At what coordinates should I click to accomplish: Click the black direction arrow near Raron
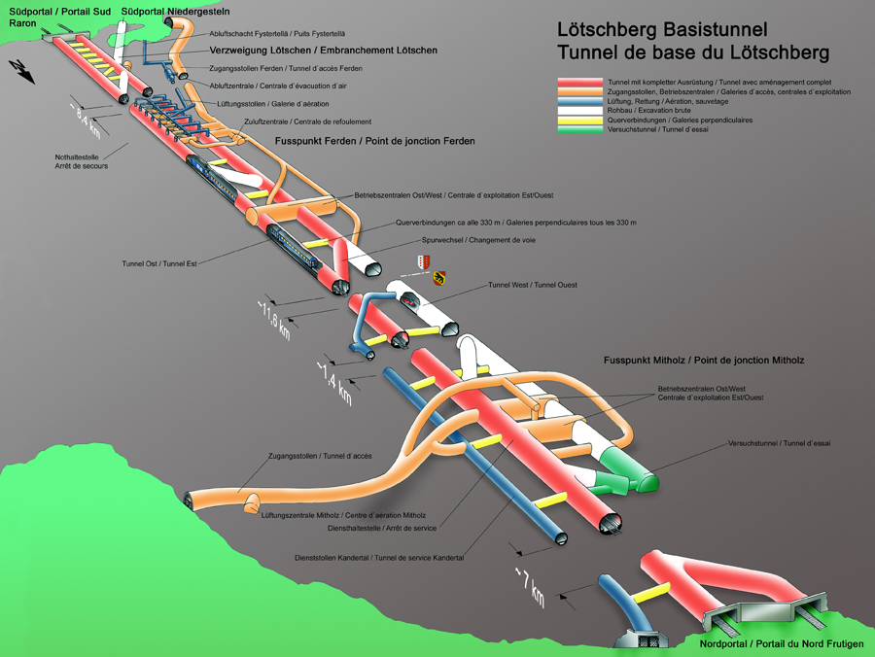19,68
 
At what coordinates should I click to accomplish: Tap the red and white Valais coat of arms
421,261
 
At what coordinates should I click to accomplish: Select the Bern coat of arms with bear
438,277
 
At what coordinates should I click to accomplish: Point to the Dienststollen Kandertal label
379,558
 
